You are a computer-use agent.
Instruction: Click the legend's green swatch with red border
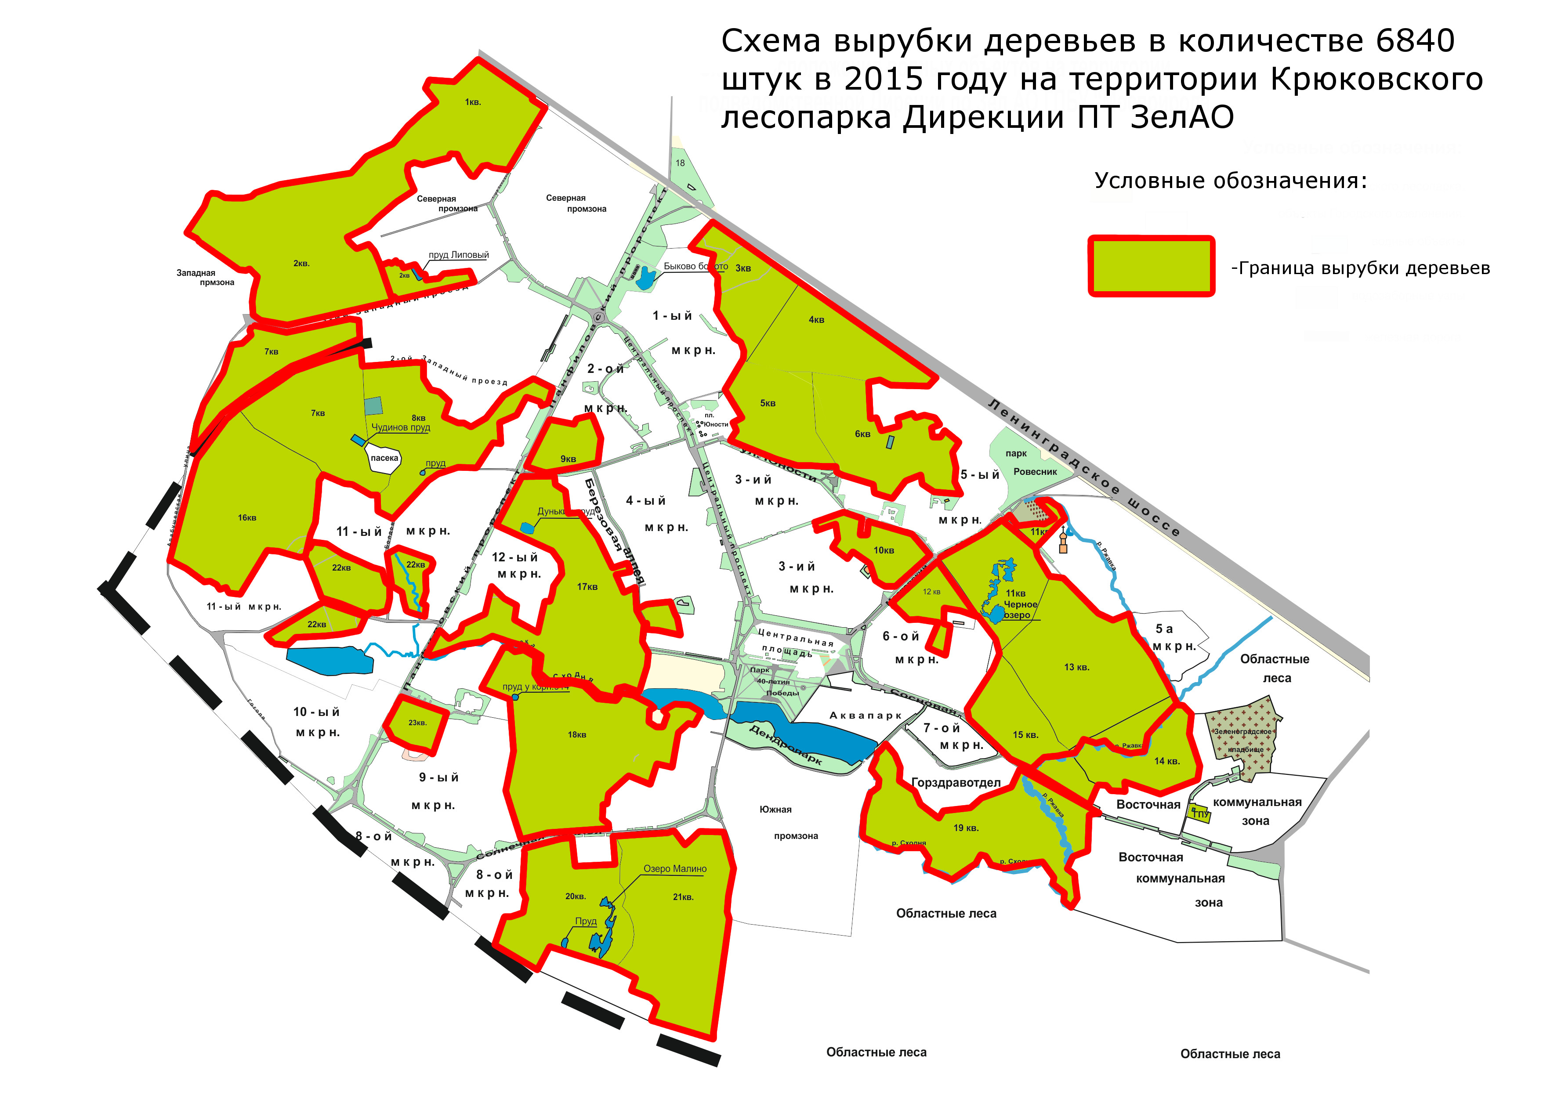(1151, 266)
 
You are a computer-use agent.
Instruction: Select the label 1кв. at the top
(473, 102)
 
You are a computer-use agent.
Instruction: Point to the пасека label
(384, 458)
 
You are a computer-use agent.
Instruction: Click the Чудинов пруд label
(401, 427)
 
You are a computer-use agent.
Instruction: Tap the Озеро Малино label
(675, 869)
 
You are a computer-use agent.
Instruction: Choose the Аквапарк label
(866, 715)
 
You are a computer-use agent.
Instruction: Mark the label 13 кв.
(1076, 667)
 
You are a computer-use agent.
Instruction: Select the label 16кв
(247, 518)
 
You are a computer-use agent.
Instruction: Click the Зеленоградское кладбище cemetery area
(1242, 738)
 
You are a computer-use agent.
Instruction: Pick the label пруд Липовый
(459, 255)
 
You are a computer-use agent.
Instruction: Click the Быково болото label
(695, 266)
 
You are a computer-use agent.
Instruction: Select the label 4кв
(816, 320)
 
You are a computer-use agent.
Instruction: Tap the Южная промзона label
(786, 822)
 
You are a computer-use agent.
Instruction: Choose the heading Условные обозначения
(1230, 181)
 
